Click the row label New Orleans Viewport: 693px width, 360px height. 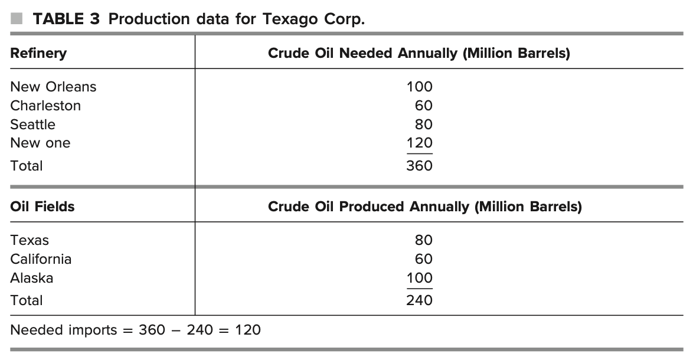(53, 87)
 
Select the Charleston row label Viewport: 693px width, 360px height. (45, 106)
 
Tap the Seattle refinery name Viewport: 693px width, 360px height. (32, 125)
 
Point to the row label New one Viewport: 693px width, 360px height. (40, 143)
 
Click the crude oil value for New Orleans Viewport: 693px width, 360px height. (419, 87)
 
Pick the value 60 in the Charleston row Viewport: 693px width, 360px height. (423, 106)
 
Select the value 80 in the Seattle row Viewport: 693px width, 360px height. (423, 125)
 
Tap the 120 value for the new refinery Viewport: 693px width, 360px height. (419, 143)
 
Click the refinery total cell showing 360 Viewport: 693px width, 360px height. (419, 166)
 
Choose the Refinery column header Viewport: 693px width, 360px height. (38, 53)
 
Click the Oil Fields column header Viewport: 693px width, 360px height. (43, 207)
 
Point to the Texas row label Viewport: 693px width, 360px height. (30, 240)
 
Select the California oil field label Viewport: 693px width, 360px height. (41, 259)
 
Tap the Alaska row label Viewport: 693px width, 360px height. (31, 278)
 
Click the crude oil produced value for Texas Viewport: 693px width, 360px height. (423, 240)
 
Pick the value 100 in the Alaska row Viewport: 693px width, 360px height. (419, 278)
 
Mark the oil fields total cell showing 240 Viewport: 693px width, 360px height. (419, 300)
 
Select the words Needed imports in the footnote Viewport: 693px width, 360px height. (64, 330)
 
